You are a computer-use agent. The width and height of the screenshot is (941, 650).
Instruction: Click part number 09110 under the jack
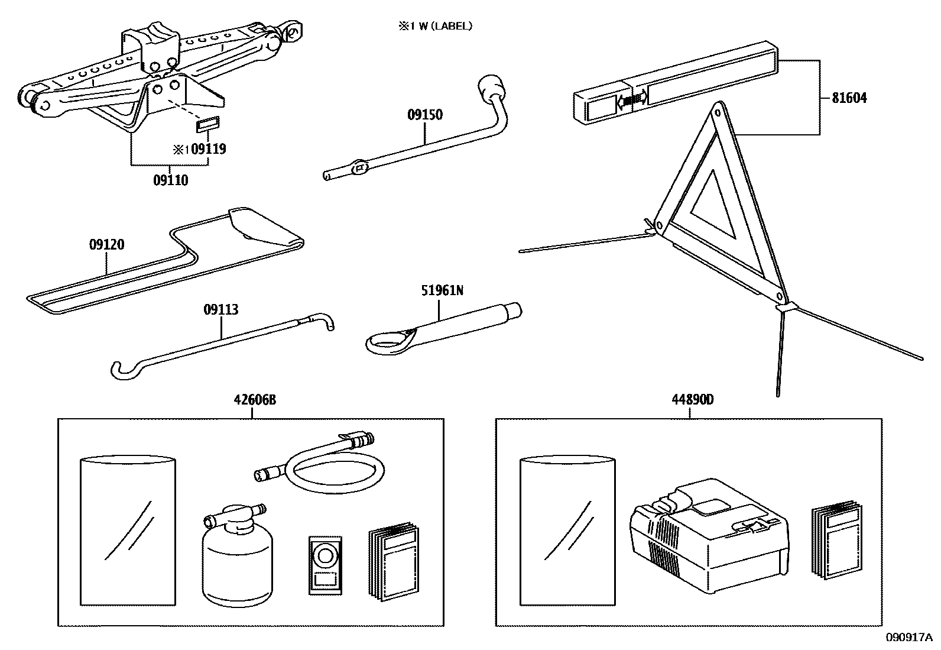tap(170, 180)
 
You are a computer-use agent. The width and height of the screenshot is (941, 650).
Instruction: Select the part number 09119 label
tap(209, 149)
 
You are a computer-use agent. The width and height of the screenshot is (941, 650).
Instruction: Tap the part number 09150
tap(424, 115)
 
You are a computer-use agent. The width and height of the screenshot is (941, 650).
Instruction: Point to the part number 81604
tap(849, 98)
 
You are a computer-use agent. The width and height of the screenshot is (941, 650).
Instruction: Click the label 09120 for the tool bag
tap(107, 244)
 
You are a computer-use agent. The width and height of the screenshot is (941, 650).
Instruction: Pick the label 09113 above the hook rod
tap(221, 309)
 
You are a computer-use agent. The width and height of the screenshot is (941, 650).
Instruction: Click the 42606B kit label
tap(254, 400)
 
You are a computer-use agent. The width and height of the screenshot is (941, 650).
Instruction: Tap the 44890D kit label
tap(692, 400)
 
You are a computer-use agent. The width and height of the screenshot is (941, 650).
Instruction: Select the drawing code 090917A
tap(908, 637)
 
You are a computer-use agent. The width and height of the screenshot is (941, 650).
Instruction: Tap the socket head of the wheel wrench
tap(492, 87)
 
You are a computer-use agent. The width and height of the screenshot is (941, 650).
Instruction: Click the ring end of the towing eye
tap(385, 343)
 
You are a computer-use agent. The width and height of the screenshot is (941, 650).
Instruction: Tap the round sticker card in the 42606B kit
tap(325, 564)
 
